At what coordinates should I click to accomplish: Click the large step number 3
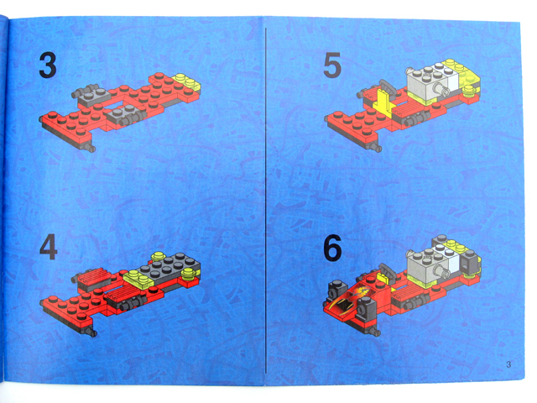pyautogui.click(x=48, y=65)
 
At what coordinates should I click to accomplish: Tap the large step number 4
pyautogui.click(x=49, y=247)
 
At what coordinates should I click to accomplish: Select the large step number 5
pyautogui.click(x=332, y=65)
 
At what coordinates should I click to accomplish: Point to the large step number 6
pyautogui.click(x=332, y=248)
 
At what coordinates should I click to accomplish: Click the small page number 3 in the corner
pyautogui.click(x=508, y=364)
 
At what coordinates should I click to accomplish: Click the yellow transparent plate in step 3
pyautogui.click(x=187, y=82)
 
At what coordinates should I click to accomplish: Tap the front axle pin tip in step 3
pyautogui.click(x=91, y=149)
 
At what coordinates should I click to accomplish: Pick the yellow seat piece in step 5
pyautogui.click(x=384, y=102)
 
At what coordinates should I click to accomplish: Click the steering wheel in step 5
pyautogui.click(x=388, y=87)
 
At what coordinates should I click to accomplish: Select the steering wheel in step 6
pyautogui.click(x=387, y=270)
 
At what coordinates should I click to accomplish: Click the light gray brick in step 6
pyautogui.click(x=427, y=268)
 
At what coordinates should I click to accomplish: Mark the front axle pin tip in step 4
pyautogui.click(x=92, y=332)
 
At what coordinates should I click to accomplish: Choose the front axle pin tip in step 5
pyautogui.click(x=378, y=149)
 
